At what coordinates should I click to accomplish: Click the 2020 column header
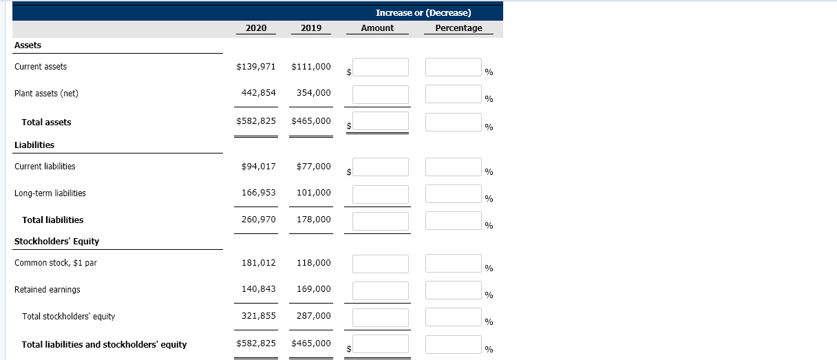pos(256,28)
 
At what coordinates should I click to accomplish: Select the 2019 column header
pos(311,28)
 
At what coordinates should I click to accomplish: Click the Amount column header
pos(377,28)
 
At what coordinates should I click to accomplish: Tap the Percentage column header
pos(458,28)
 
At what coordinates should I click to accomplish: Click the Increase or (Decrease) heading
pos(423,12)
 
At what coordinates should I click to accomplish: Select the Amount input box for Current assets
pos(381,67)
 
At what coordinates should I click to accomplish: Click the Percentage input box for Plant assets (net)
pos(453,94)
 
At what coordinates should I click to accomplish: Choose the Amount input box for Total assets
pos(381,122)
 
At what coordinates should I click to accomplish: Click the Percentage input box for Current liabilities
pos(453,167)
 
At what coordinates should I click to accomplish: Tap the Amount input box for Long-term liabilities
pos(381,194)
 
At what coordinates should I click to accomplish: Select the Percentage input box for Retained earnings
pos(453,290)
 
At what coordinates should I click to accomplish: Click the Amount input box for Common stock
pos(381,264)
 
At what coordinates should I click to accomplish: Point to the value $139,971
pos(256,67)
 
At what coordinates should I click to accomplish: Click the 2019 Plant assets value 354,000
pos(314,93)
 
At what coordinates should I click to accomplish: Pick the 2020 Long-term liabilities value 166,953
pos(259,193)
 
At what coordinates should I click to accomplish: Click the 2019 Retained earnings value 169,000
pos(314,289)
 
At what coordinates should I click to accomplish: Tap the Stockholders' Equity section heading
pos(56,242)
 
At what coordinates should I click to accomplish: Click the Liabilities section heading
pos(34,145)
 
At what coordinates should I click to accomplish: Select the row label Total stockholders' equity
pos(68,317)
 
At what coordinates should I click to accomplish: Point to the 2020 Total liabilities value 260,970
pos(259,220)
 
